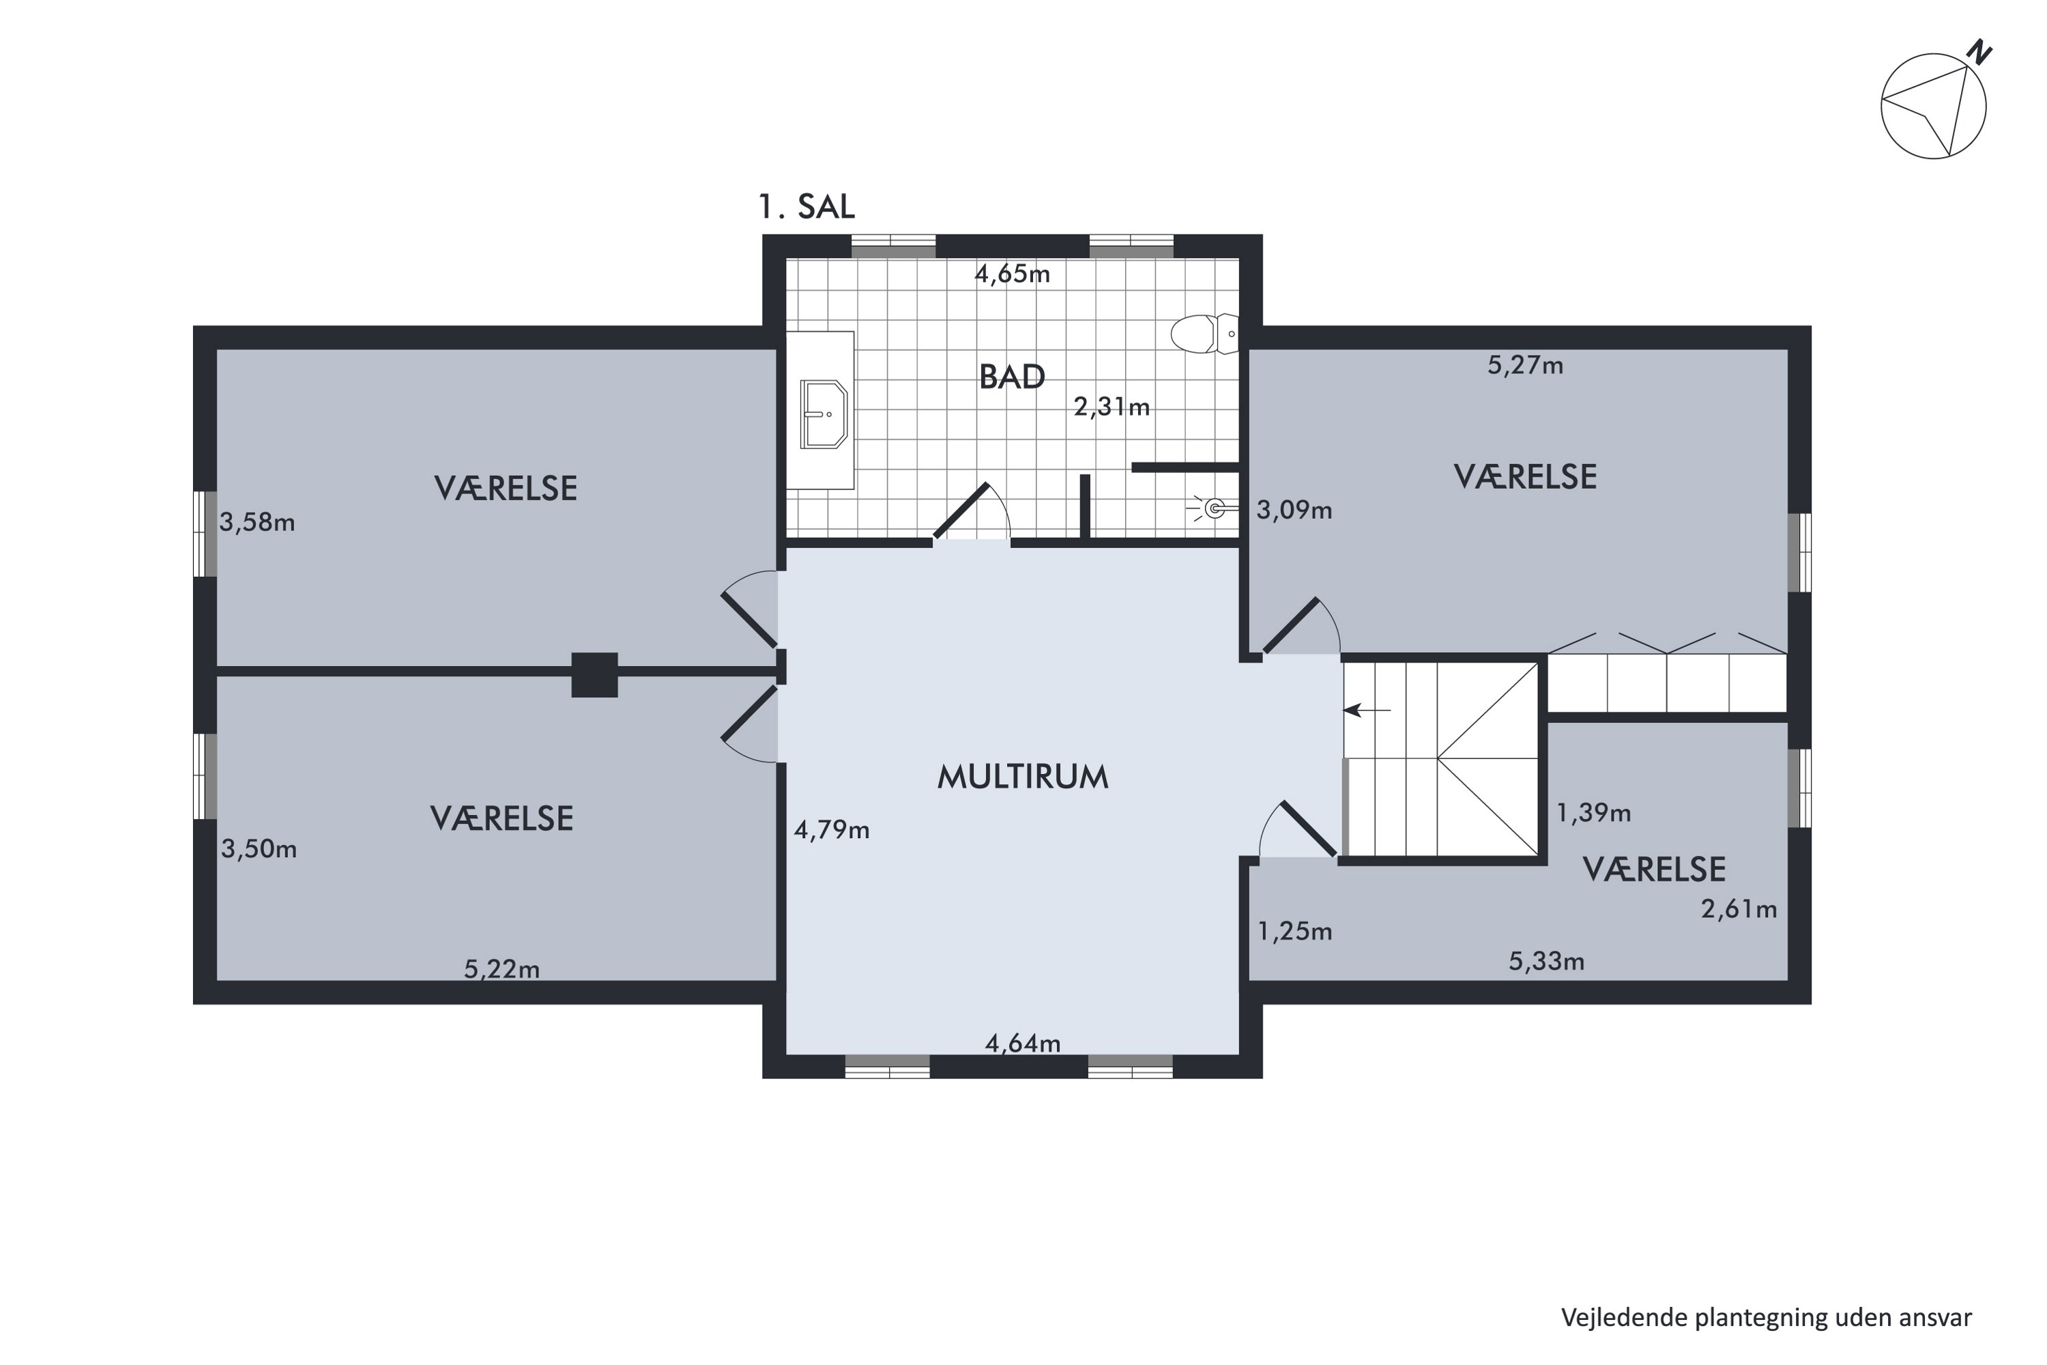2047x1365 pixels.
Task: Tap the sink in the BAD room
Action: [x=824, y=414]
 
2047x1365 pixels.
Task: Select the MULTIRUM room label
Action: [x=1023, y=777]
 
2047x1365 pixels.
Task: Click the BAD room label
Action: [x=1011, y=377]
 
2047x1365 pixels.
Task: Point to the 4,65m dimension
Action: [x=1012, y=274]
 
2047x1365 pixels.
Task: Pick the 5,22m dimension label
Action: [x=502, y=969]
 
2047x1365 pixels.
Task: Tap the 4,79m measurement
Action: [x=831, y=830]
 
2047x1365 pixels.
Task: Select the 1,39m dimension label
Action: [x=1593, y=812]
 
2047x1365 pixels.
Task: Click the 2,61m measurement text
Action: [x=1738, y=909]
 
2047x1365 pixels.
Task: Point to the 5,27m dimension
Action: [x=1525, y=366]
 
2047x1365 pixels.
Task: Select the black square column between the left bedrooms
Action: [x=594, y=675]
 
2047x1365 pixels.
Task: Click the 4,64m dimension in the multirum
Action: [x=1023, y=1043]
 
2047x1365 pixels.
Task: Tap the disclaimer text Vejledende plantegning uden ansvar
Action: [x=1766, y=1317]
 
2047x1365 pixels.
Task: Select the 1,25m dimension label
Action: [x=1294, y=932]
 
